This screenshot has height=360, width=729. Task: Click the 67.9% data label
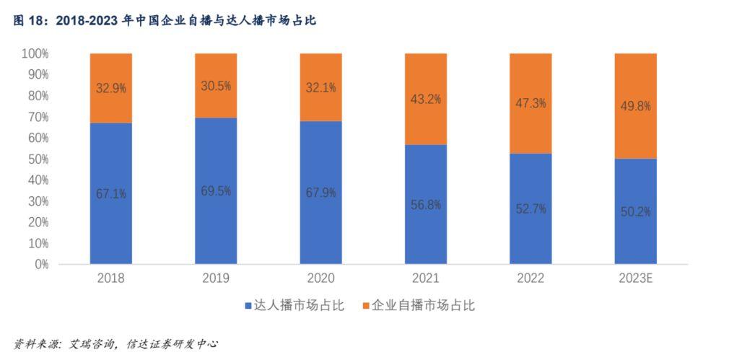pyautogui.click(x=320, y=193)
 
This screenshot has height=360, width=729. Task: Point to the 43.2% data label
pyautogui.click(x=425, y=99)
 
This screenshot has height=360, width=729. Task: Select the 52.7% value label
pyautogui.click(x=531, y=209)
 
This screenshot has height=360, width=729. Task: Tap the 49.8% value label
pyautogui.click(x=635, y=106)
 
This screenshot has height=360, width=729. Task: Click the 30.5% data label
pyautogui.click(x=216, y=86)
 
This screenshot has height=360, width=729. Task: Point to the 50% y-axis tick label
pyautogui.click(x=38, y=159)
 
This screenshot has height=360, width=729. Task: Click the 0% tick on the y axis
pyautogui.click(x=40, y=264)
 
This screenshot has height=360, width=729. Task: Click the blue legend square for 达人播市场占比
pyautogui.click(x=248, y=306)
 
